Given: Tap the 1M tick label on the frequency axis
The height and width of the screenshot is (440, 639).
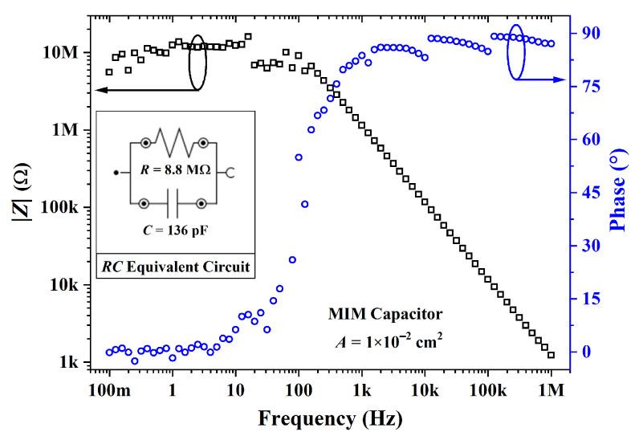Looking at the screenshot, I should pos(551,389).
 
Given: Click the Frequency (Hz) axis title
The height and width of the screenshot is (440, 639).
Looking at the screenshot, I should pos(330,418).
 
